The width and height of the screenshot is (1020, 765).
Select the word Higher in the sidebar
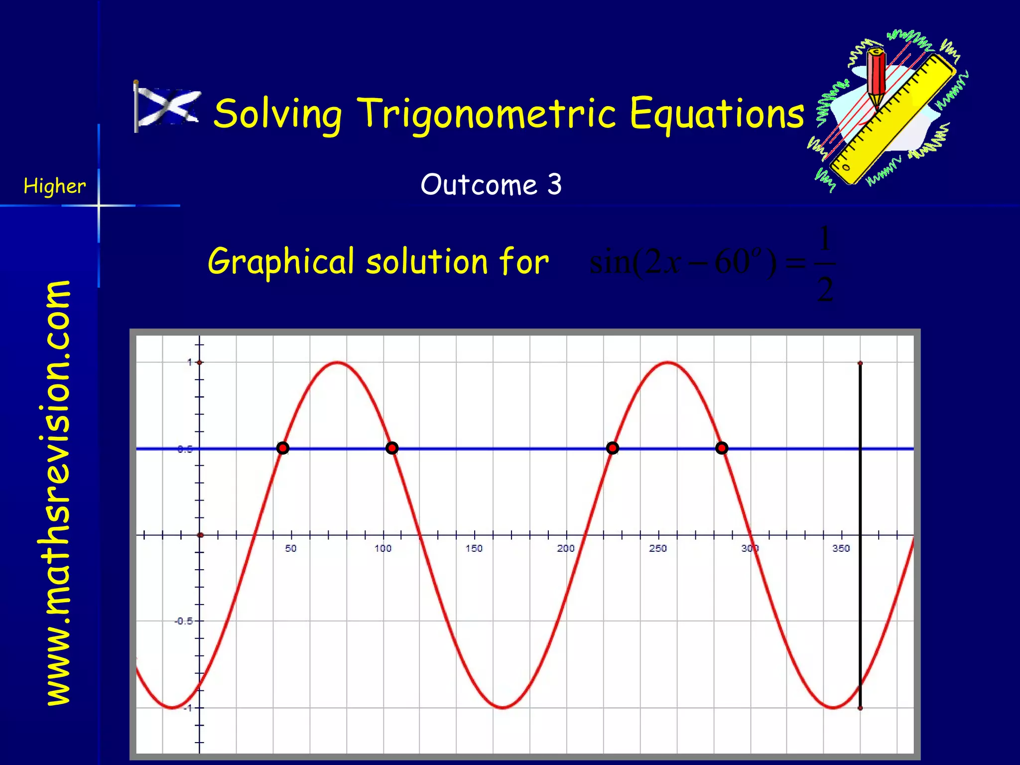(x=54, y=186)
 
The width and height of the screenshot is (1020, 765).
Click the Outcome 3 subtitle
(x=491, y=185)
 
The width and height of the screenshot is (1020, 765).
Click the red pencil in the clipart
(x=876, y=75)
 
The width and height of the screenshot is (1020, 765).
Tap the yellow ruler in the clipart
(x=892, y=120)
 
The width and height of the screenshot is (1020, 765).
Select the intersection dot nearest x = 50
(x=283, y=448)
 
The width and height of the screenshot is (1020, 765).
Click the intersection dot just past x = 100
(x=392, y=448)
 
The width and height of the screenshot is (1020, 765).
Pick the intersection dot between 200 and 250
(x=613, y=448)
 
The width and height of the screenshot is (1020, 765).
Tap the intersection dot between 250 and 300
(x=722, y=448)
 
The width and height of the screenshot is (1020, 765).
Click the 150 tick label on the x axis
(x=474, y=548)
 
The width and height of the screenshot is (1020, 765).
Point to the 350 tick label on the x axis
(x=841, y=548)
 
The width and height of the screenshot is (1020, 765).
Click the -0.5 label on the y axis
(x=183, y=621)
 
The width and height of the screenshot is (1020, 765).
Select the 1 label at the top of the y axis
(x=190, y=363)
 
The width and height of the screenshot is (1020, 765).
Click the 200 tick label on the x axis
(x=566, y=548)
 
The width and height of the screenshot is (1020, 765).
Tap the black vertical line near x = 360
(x=860, y=498)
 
